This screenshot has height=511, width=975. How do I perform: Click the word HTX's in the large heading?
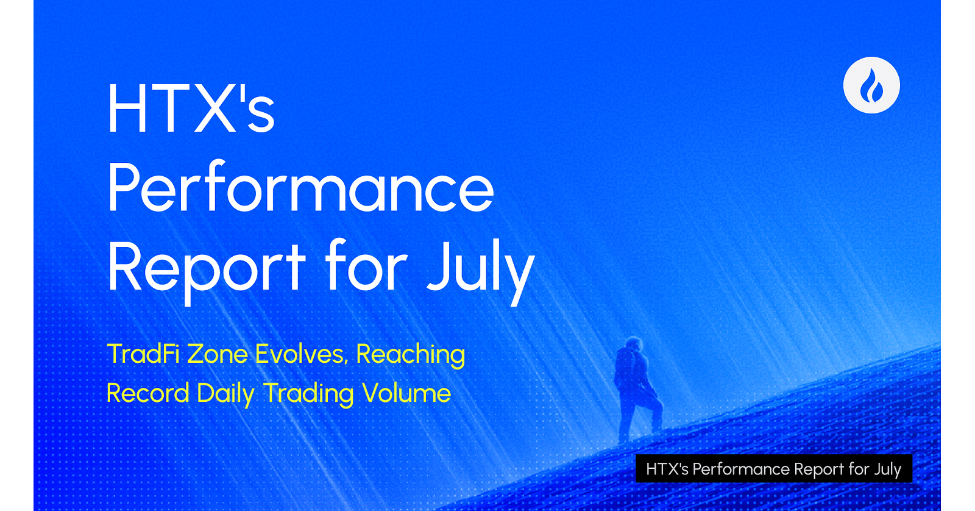191,107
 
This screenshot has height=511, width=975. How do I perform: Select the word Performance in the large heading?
301,187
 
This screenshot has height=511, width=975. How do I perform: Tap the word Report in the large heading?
207,270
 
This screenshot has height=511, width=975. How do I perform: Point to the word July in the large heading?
481,270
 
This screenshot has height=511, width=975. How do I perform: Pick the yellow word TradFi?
143,354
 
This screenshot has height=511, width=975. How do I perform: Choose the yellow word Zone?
217,354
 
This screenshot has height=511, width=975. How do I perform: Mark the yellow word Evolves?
301,354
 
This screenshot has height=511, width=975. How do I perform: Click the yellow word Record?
147,393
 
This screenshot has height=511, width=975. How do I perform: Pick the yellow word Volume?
406,393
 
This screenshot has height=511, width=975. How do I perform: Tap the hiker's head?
634,344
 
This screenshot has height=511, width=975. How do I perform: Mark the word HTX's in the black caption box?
667,469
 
